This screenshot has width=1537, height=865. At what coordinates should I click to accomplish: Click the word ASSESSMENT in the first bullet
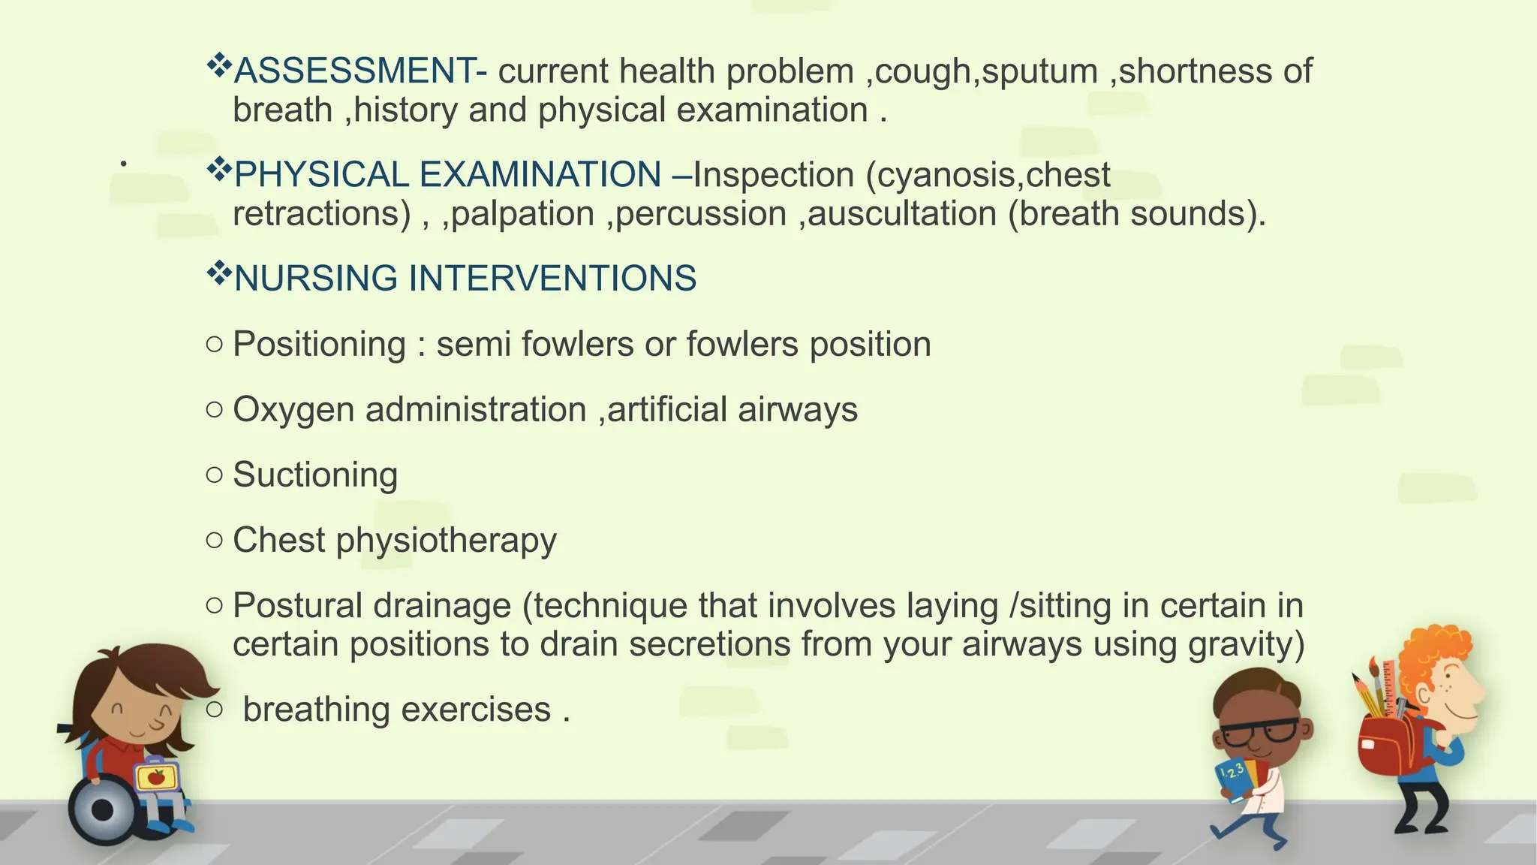(x=354, y=71)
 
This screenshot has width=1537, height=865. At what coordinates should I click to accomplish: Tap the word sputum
(x=1039, y=71)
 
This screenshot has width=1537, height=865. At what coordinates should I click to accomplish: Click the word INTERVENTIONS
(x=552, y=278)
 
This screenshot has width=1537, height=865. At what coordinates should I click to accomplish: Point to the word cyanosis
(x=945, y=175)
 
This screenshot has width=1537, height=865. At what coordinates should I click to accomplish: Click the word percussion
(x=701, y=214)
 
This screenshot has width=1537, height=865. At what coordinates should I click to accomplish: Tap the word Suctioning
(x=315, y=475)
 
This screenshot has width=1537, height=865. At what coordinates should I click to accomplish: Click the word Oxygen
(x=293, y=410)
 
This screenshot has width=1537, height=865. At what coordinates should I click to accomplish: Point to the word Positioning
(x=319, y=345)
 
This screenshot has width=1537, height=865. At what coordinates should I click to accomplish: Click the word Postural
(x=297, y=605)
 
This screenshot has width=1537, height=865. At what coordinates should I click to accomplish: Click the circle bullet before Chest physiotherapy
(x=214, y=540)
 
